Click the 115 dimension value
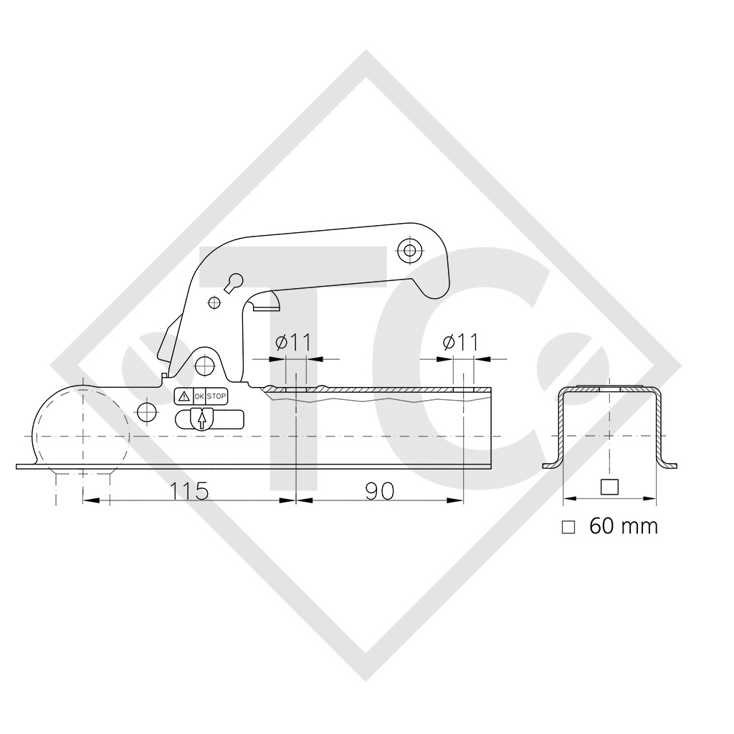pos(189,491)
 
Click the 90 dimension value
pos(380,491)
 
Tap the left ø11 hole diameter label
pos(293,343)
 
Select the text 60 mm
pos(623,526)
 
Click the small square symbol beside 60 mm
pos(568,527)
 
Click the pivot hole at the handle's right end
pos(410,250)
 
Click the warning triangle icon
pos(183,396)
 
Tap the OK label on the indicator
pos(199,396)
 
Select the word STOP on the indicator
pos(216,396)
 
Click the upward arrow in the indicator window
pos(202,419)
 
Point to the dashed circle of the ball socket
pos(80,430)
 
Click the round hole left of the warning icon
pos(147,411)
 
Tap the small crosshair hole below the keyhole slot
pos(214,302)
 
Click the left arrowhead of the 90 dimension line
pos(302,500)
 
